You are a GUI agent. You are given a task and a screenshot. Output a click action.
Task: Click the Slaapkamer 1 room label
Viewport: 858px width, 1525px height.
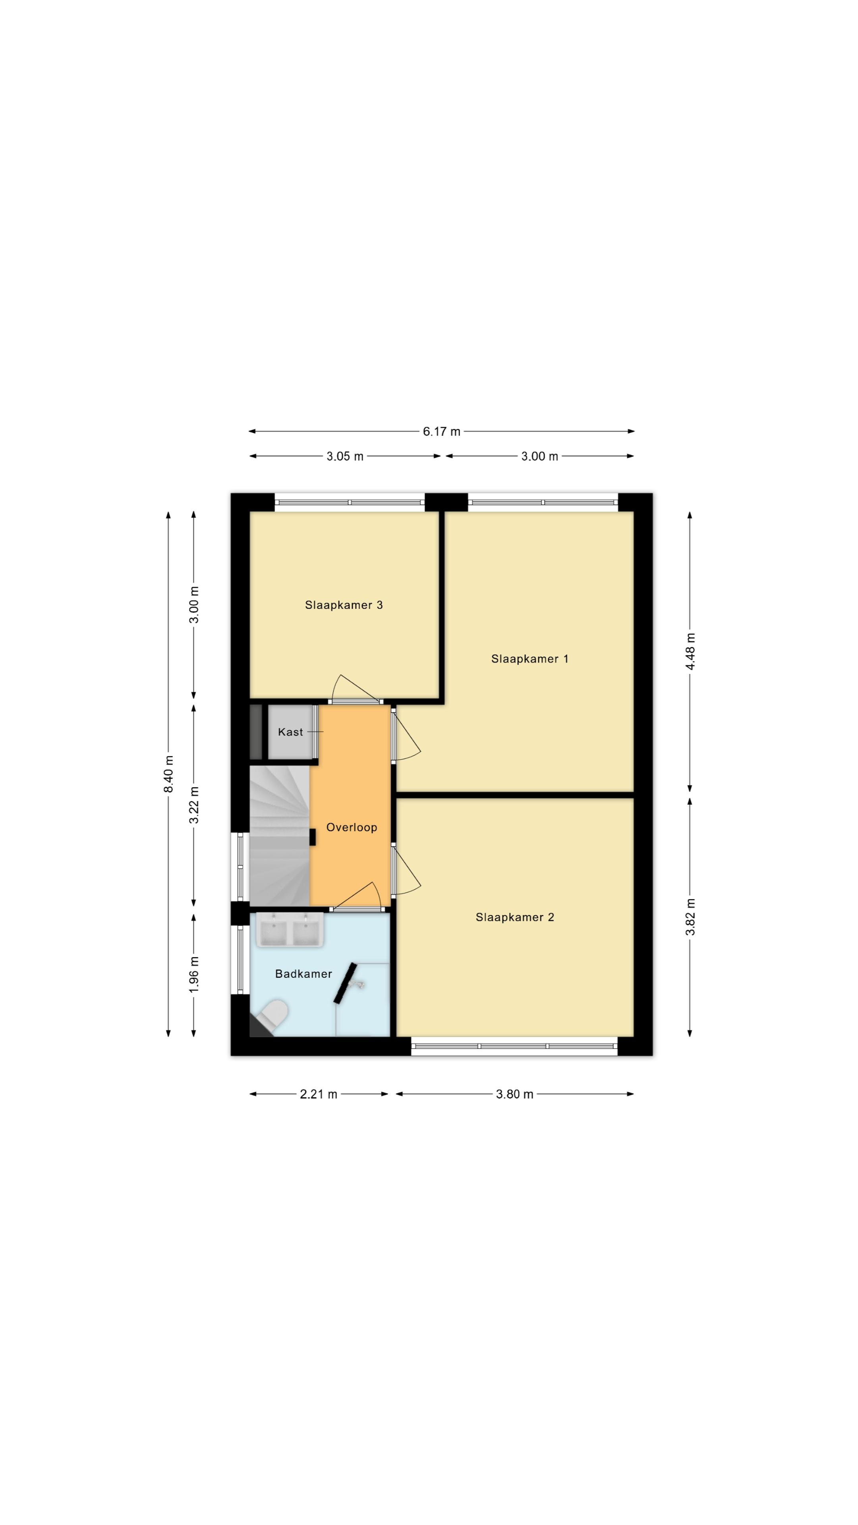click(x=529, y=659)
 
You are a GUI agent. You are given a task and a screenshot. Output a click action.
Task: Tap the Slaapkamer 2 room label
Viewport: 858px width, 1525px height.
click(x=514, y=917)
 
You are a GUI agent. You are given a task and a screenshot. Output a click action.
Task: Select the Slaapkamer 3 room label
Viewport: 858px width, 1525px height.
click(x=344, y=605)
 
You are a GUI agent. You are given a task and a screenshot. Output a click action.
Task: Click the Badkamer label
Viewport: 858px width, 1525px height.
click(x=303, y=974)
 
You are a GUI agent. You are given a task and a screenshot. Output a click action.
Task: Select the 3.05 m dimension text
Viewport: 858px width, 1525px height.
click(x=345, y=456)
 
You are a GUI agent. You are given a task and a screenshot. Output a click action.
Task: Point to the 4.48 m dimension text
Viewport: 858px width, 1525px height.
click(x=690, y=651)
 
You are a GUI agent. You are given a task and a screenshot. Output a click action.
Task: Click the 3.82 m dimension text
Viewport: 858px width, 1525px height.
click(x=690, y=917)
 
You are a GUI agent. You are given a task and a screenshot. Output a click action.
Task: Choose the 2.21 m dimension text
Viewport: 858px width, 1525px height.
click(x=319, y=1094)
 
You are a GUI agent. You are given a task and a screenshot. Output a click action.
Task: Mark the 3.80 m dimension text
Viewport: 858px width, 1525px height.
click(x=514, y=1094)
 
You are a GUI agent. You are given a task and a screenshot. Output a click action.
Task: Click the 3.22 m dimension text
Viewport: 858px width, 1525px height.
click(x=193, y=805)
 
